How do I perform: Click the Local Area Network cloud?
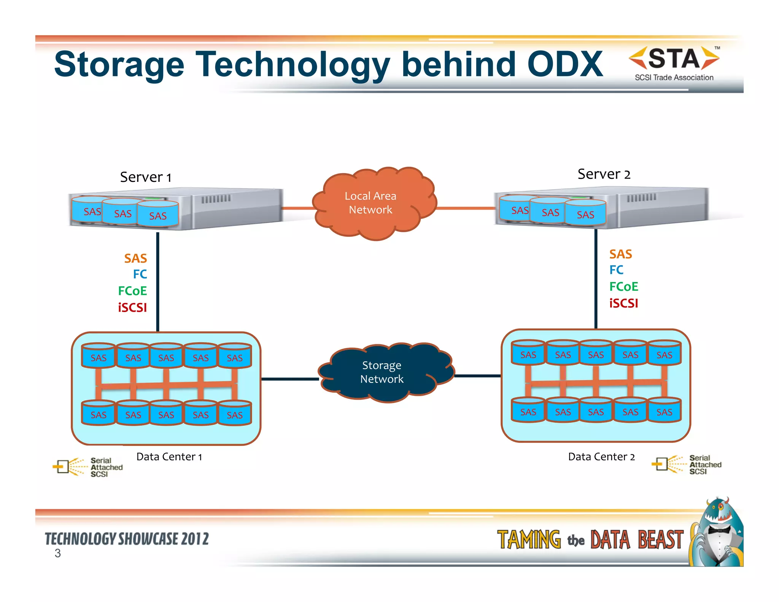coord(373,204)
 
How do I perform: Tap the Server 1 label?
coord(146,177)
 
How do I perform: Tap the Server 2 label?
coord(604,174)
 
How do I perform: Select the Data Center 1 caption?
coord(169,457)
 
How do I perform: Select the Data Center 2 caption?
coord(601,457)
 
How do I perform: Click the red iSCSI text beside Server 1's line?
coord(132,307)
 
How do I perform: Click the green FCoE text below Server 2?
coord(623,287)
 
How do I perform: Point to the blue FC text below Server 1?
coord(140,274)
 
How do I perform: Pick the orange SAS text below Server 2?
coord(620,254)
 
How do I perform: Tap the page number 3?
coord(57,553)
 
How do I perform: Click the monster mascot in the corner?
coord(717,533)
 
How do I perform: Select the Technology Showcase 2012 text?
coord(127,539)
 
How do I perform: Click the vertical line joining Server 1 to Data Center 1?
coord(157,282)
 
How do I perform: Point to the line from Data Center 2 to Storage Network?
coord(478,376)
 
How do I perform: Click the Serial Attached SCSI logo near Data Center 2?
coord(687,465)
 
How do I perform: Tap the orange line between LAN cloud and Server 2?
coord(465,208)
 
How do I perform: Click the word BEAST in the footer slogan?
coord(660,540)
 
